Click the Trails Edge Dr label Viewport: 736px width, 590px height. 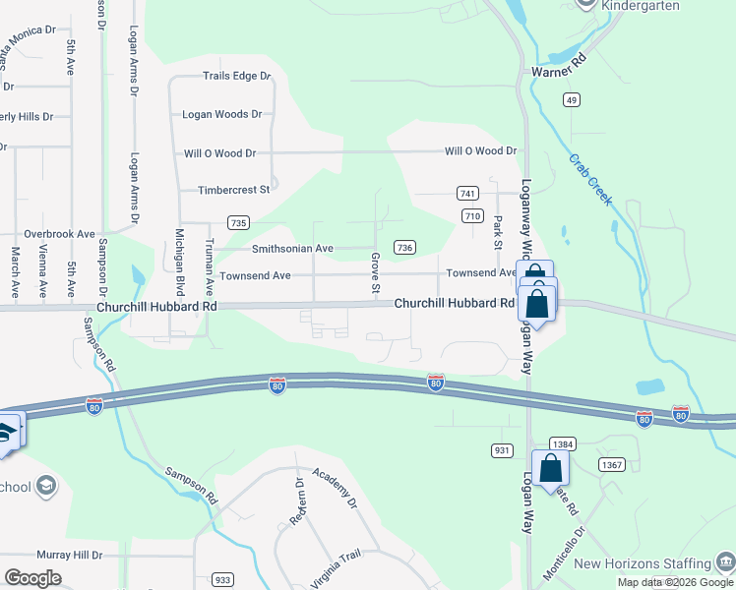236,77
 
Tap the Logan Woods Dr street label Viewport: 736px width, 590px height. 222,115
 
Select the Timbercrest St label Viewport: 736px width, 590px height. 233,191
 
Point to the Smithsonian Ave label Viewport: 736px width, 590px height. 292,250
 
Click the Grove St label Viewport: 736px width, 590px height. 375,273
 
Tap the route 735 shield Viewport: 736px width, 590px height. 237,223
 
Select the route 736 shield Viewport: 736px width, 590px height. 403,248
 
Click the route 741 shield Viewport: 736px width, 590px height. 466,194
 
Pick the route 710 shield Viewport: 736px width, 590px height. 472,215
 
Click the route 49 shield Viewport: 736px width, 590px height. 572,99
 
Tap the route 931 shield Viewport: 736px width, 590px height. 500,449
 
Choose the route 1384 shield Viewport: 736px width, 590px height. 562,444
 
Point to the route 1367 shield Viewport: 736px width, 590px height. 611,464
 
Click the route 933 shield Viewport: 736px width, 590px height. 224,580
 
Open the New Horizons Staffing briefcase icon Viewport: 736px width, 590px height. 726,563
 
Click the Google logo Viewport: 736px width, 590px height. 32,578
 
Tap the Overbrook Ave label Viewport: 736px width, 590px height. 59,235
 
